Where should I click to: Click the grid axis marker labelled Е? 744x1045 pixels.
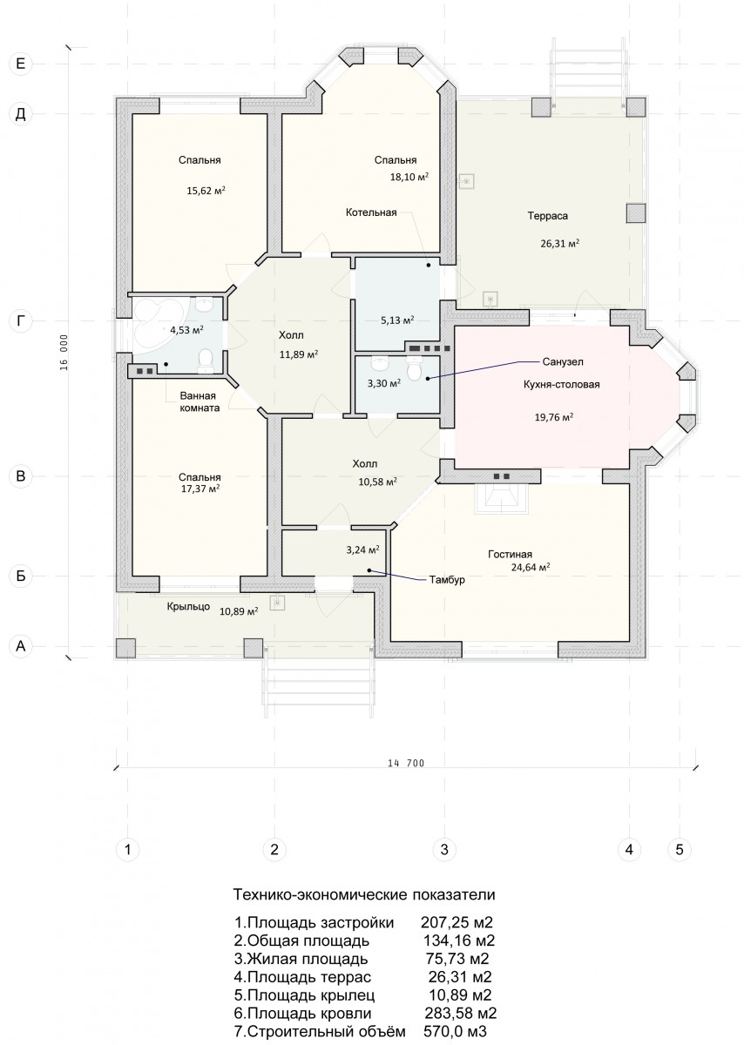point(21,63)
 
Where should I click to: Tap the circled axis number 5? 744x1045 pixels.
point(680,849)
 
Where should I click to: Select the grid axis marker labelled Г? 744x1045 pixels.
point(21,320)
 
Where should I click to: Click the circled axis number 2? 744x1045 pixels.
point(274,849)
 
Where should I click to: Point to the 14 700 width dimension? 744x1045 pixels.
point(406,763)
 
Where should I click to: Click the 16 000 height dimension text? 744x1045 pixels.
point(64,352)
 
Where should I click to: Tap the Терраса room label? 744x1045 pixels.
point(547,216)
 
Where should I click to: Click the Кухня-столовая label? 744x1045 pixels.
point(562,384)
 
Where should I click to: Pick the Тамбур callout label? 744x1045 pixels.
point(447,580)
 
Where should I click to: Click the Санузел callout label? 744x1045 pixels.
point(563,361)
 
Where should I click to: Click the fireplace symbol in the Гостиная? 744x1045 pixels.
point(501,499)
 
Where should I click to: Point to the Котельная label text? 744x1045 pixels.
point(371,212)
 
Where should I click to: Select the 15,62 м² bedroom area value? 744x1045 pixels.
point(206,191)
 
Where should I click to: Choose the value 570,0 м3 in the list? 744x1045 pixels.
point(455,1030)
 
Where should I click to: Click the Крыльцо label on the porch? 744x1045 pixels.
point(188,606)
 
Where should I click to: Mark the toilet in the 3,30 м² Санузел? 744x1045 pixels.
point(414,369)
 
